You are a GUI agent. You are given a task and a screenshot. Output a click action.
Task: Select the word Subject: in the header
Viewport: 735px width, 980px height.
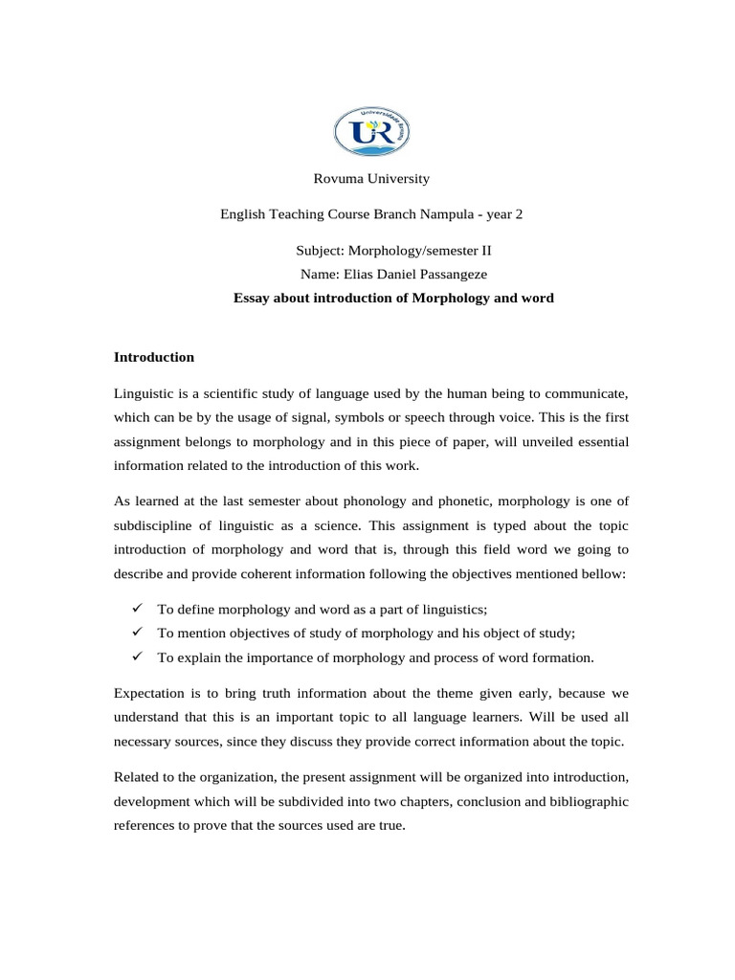click(x=321, y=251)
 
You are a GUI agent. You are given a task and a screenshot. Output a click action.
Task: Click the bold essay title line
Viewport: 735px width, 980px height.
click(x=393, y=298)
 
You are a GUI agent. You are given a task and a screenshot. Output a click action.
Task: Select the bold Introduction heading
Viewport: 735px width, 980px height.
click(x=154, y=357)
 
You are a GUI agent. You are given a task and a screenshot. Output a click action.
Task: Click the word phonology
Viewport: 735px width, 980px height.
click(x=373, y=501)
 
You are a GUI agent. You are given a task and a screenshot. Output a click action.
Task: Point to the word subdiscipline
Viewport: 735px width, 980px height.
click(x=152, y=525)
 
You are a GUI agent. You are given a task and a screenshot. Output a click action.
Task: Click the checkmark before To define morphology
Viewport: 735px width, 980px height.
click(x=138, y=609)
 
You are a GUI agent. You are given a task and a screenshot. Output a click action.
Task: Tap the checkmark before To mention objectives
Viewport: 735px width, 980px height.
click(x=138, y=633)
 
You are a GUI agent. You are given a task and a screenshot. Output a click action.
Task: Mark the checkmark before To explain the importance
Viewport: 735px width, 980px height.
click(x=138, y=657)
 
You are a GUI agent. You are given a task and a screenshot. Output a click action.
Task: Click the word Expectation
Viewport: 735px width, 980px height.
click(x=150, y=692)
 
